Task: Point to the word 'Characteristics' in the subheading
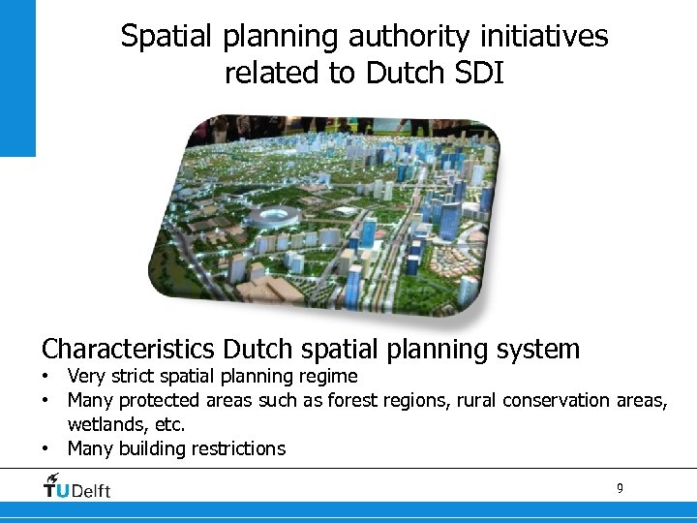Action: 128,349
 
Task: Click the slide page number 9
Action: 620,488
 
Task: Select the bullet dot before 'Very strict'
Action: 45,377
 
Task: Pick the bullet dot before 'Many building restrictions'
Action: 45,449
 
